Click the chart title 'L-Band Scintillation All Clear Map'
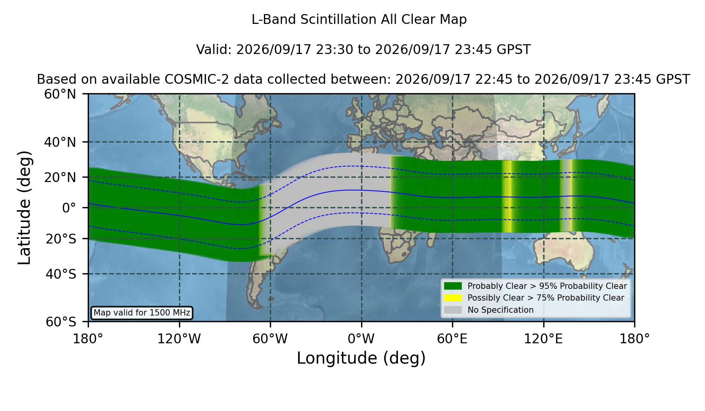point(359,20)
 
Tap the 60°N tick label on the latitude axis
point(60,94)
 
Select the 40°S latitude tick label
point(61,274)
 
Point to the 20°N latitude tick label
point(60,177)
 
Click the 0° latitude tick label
point(69,207)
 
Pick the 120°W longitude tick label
point(179,339)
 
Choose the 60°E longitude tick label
point(452,339)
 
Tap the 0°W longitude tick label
point(361,339)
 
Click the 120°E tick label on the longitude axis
point(543,339)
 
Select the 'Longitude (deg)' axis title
point(361,358)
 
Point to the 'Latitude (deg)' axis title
point(24,207)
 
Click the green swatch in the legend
point(453,286)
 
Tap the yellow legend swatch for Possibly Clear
point(453,298)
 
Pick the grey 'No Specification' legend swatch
point(453,310)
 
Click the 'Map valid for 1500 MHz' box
point(142,313)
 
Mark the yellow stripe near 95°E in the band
point(508,196)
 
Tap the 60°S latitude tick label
point(61,322)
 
